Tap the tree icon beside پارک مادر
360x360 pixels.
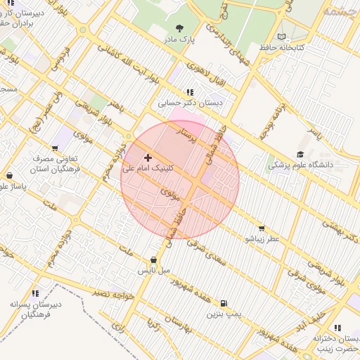coord(179,29)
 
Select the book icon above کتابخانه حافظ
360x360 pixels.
coord(282,37)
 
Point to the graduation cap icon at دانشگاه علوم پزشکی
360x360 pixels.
coord(300,155)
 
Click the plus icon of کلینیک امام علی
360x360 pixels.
coord(148,157)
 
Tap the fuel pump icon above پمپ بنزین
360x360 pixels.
coord(224,303)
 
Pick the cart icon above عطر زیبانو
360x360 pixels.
coord(262,229)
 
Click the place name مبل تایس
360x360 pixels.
coord(153,270)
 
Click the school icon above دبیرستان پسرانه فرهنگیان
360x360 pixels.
coord(35,294)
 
